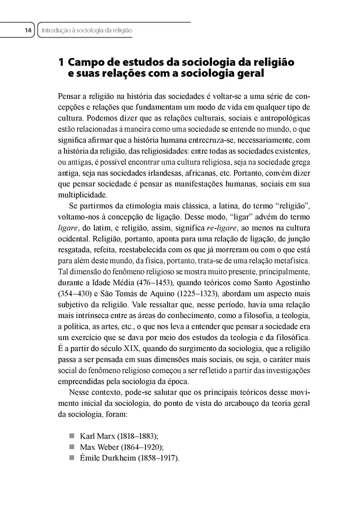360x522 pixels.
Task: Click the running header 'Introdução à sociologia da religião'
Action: pos(86,30)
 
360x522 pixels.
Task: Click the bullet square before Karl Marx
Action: pos(72,435)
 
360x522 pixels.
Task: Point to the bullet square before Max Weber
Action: pos(72,447)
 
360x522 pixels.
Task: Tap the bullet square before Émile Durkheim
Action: pos(72,458)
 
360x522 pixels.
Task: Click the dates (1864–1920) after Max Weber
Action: pos(139,447)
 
